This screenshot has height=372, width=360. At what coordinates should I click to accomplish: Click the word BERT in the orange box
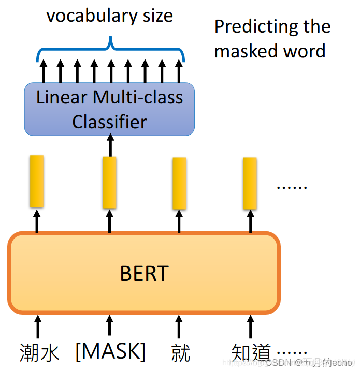click(144, 273)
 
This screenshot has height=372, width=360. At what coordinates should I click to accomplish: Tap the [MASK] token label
click(110, 352)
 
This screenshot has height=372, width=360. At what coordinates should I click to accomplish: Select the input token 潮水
click(40, 353)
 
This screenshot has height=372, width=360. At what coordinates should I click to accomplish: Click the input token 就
click(180, 353)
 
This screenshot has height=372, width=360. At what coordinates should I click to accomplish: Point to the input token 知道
click(251, 353)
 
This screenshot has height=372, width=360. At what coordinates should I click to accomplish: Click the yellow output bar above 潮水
click(36, 181)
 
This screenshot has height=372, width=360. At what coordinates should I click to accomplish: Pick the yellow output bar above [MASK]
click(109, 182)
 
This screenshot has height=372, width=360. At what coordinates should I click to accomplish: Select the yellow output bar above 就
click(179, 183)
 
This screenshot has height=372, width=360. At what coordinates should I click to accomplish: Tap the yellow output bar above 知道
click(250, 183)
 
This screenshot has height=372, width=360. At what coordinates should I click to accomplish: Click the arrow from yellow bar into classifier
click(110, 145)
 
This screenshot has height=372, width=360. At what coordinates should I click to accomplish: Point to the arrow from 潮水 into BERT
click(37, 326)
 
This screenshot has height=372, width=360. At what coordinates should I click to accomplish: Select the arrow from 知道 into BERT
click(251, 326)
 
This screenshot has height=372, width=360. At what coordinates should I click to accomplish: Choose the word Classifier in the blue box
click(109, 122)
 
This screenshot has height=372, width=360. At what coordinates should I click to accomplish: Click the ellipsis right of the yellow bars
click(292, 186)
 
